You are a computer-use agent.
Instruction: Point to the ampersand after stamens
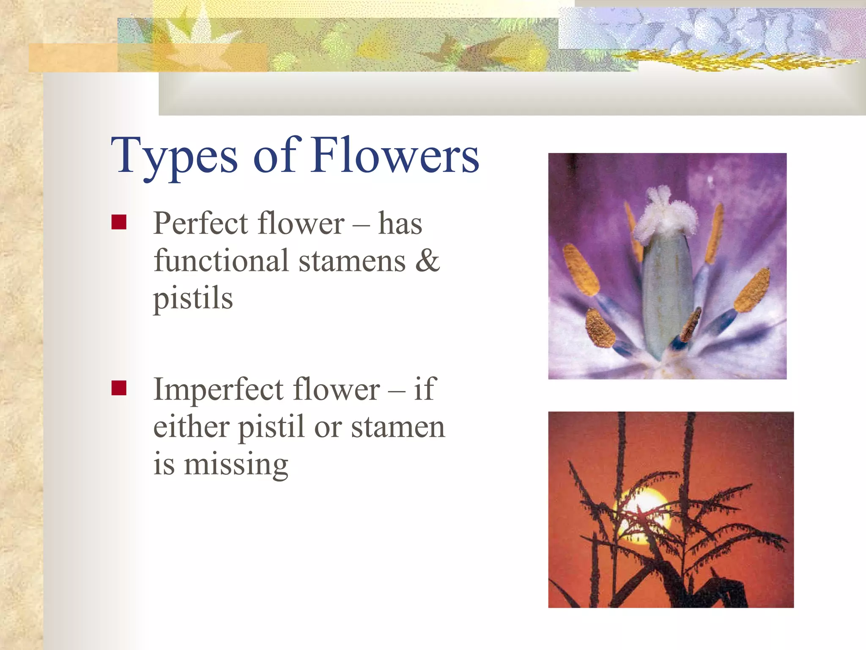point(428,261)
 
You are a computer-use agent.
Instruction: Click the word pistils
point(193,299)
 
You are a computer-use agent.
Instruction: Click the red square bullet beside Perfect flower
point(119,222)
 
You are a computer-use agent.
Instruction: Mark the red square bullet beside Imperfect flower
point(119,388)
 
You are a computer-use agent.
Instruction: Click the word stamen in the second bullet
point(398,427)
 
